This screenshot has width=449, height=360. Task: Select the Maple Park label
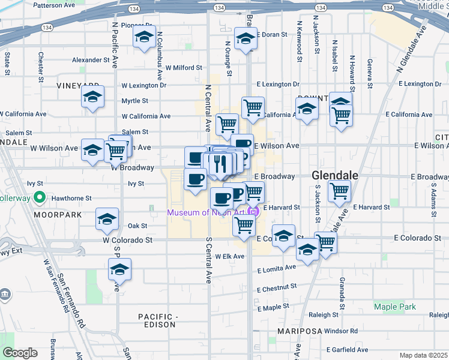(394, 307)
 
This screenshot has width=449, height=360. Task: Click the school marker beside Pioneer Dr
(144, 37)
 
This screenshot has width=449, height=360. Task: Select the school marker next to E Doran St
(246, 38)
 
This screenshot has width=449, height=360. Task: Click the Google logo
(19, 353)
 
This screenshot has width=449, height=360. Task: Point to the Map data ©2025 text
(424, 355)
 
